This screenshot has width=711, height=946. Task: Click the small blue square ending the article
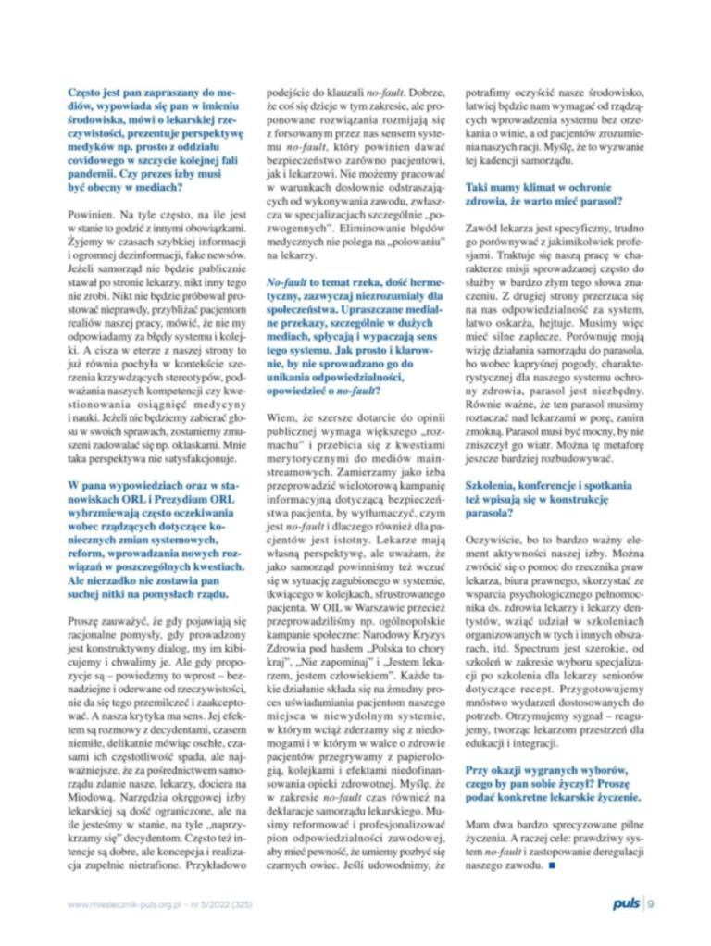click(553, 866)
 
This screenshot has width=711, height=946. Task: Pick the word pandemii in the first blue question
click(92, 174)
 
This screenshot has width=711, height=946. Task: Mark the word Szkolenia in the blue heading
click(491, 484)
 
